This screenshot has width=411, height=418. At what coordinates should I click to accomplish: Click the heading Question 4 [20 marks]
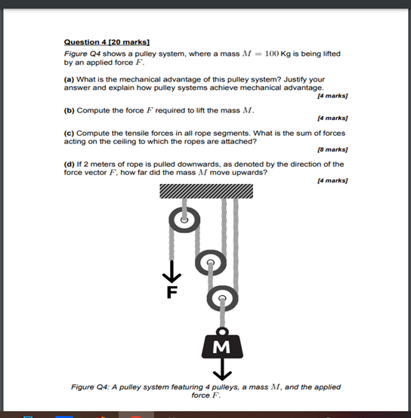(x=107, y=42)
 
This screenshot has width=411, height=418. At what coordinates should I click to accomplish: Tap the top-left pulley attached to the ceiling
(x=183, y=221)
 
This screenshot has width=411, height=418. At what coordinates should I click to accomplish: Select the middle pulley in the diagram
(x=210, y=263)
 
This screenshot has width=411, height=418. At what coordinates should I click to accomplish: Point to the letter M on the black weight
(x=222, y=347)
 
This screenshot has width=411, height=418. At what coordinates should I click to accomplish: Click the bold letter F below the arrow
(x=172, y=294)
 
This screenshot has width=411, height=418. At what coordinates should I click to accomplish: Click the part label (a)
(x=70, y=78)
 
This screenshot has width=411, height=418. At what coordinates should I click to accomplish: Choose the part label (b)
(x=70, y=110)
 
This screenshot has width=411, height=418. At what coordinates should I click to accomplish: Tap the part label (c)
(x=70, y=133)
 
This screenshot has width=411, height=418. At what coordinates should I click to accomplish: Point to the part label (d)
(x=70, y=164)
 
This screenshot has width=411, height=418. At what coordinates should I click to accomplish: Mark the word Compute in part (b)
(x=92, y=110)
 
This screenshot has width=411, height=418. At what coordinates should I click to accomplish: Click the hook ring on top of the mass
(x=222, y=330)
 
